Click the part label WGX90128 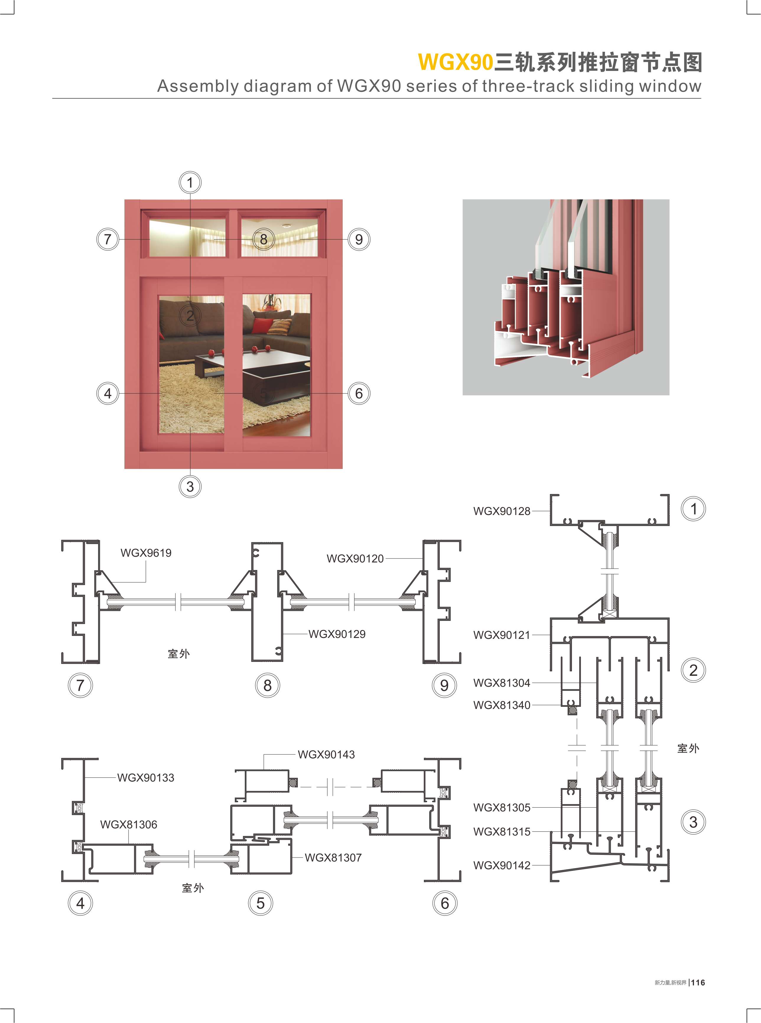(502, 511)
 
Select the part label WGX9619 (146, 553)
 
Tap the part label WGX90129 (337, 634)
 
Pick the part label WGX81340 (502, 705)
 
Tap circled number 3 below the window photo (190, 487)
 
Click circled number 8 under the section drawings (267, 685)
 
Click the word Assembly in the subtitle (198, 86)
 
